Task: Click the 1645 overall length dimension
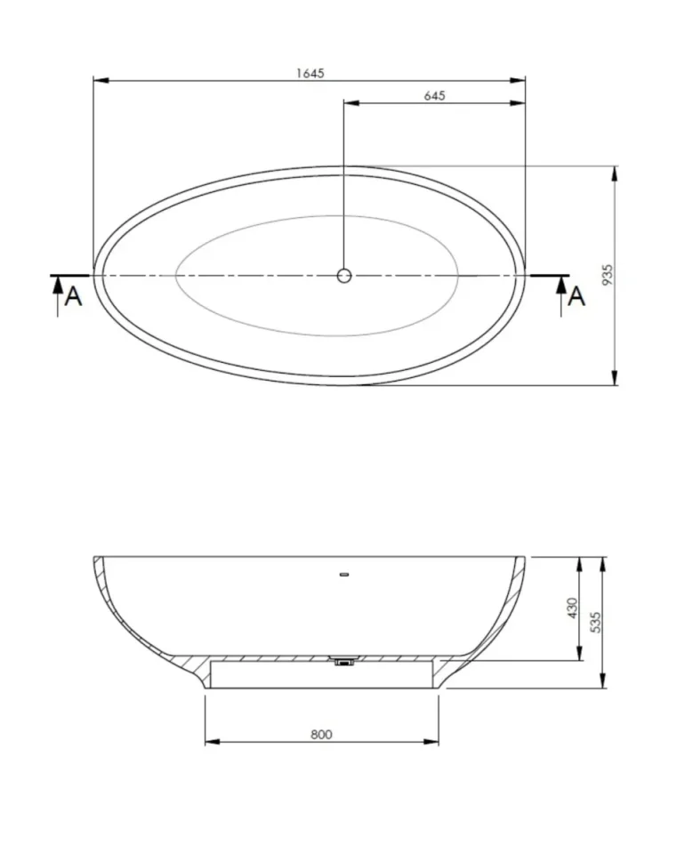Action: [310, 73]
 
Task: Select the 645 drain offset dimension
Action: [434, 95]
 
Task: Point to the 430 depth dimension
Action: [573, 608]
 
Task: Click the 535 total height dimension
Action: [597, 621]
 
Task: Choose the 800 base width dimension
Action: [321, 734]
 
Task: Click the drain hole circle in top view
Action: [344, 276]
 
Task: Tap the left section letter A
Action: [75, 296]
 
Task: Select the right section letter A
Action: [576, 296]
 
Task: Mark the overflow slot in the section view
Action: [345, 574]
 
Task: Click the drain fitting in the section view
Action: [344, 661]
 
